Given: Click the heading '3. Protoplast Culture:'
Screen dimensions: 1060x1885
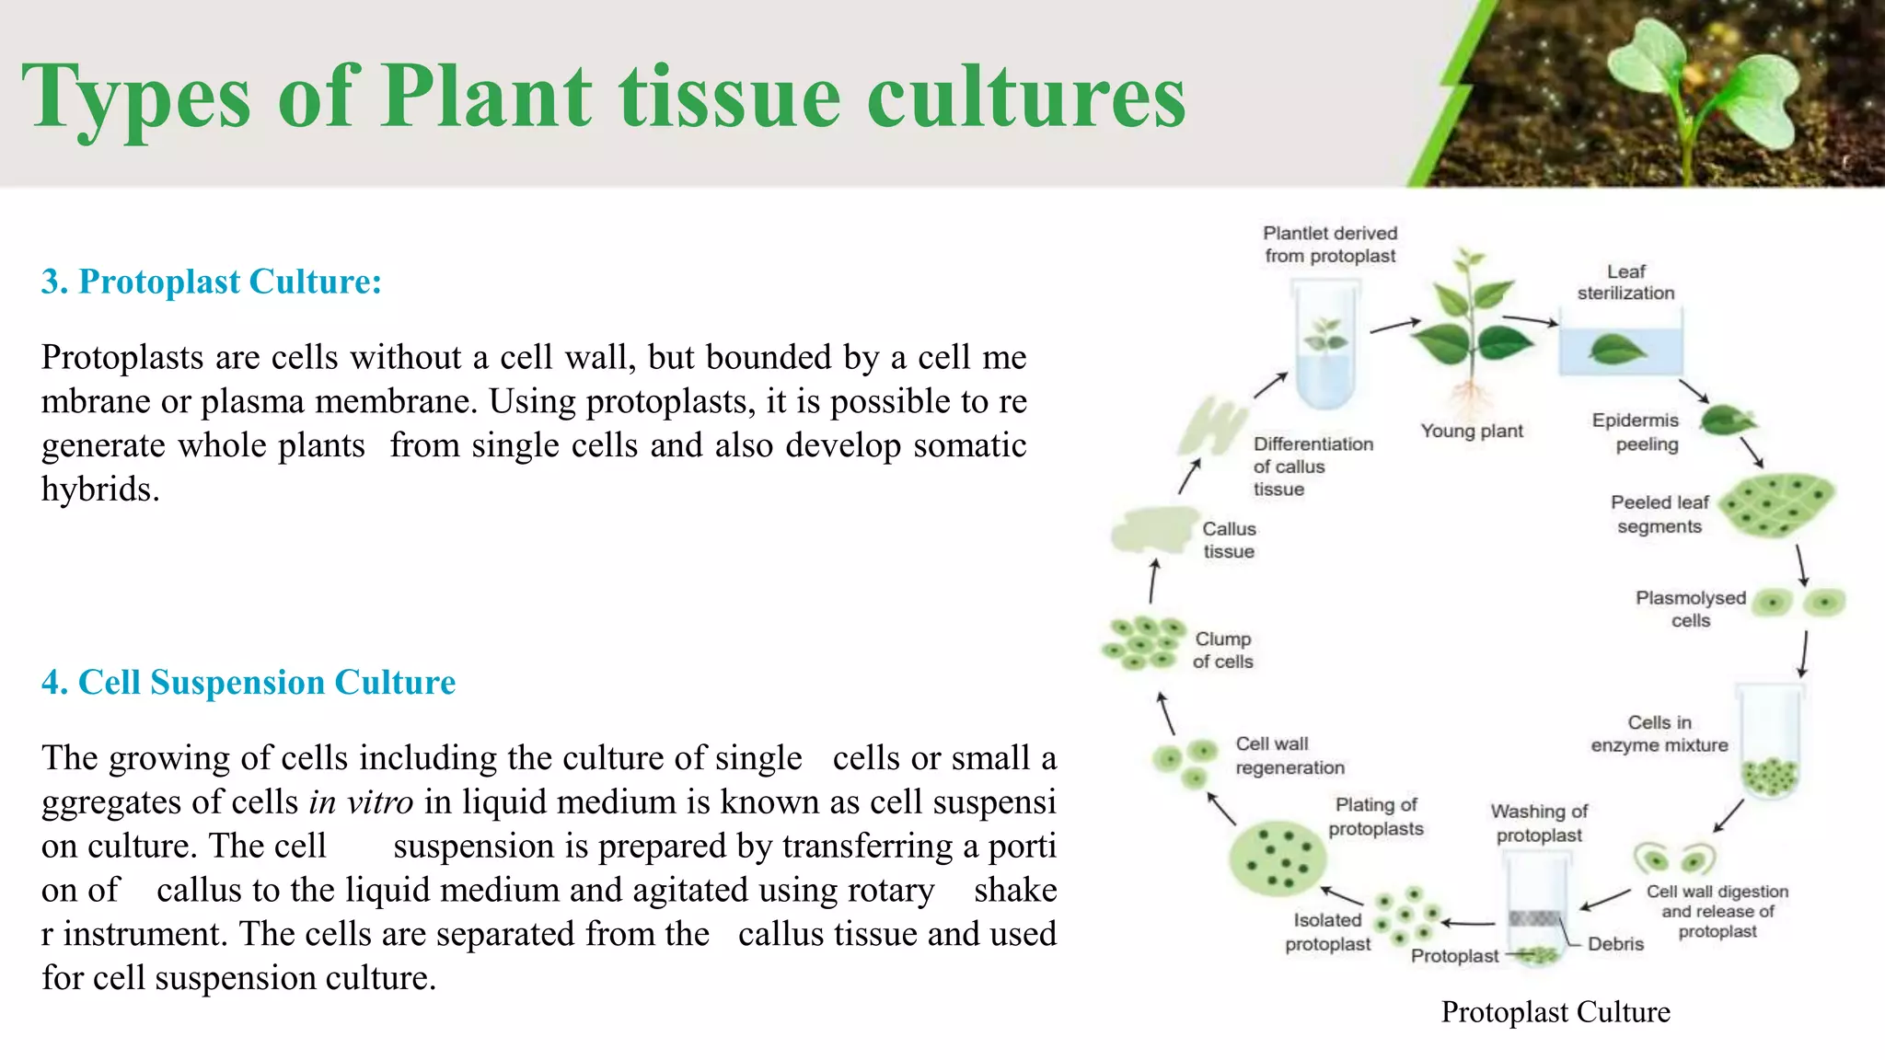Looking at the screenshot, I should [211, 282].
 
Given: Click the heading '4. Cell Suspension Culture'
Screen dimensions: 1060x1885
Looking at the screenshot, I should [249, 683].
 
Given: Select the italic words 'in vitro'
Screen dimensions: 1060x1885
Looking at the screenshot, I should [361, 802].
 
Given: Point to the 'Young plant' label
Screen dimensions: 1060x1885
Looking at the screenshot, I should [1471, 431].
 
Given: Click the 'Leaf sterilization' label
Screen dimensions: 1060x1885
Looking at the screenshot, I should [1625, 282].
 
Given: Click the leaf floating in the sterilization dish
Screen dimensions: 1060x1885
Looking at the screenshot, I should [1617, 350].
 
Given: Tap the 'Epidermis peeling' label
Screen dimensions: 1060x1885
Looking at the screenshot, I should [1636, 432].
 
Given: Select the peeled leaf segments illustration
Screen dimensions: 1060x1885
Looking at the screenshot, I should [1777, 504].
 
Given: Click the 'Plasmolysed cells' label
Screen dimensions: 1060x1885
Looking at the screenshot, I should [1690, 608].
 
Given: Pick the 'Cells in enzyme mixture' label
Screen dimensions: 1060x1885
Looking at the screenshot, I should [1659, 733].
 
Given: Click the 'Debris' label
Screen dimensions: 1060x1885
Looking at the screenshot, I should [1615, 943].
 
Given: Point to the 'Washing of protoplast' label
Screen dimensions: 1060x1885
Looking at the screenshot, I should [1539, 823].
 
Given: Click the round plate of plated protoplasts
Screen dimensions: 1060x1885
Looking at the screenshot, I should [1277, 858].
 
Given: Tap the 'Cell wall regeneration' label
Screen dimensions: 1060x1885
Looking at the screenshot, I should [1289, 755].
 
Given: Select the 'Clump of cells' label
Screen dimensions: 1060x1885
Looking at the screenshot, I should [1222, 650].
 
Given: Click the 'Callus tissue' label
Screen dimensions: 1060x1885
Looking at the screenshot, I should [1229, 540].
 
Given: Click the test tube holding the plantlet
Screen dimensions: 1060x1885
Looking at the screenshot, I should [1325, 345].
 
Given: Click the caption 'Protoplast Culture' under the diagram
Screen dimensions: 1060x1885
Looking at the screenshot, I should [1555, 1012].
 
